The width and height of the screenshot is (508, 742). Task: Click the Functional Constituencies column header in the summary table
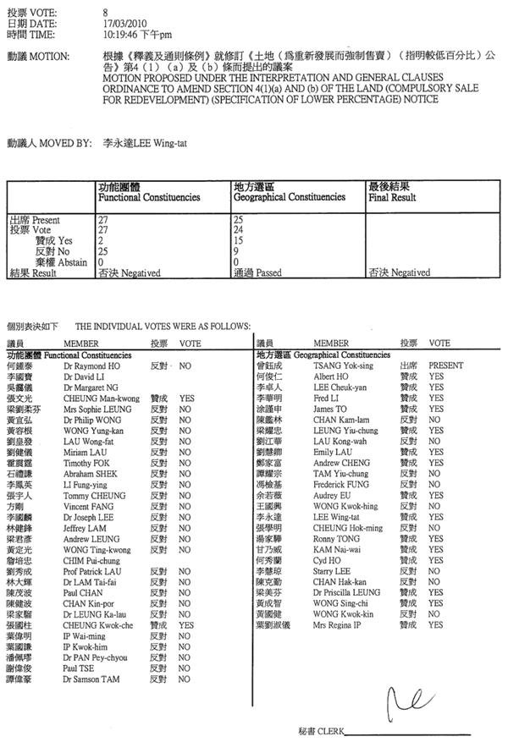pyautogui.click(x=149, y=197)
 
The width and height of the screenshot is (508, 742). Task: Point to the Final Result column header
pyautogui.click(x=392, y=197)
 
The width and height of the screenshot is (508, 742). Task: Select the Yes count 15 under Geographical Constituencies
pyautogui.click(x=237, y=240)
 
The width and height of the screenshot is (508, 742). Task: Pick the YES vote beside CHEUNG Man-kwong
pyautogui.click(x=187, y=397)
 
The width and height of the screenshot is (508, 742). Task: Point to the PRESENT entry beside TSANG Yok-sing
pyautogui.click(x=445, y=366)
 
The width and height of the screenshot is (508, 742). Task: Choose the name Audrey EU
pyautogui.click(x=331, y=494)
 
